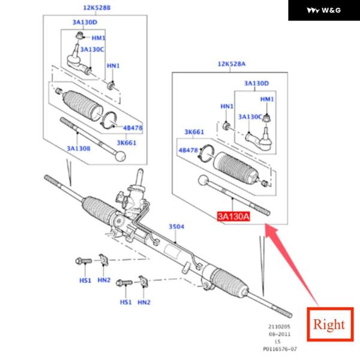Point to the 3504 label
click(176, 226)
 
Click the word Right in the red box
click(329, 325)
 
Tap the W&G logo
click(324, 10)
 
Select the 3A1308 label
click(79, 148)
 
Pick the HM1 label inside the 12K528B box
click(98, 38)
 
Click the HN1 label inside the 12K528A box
click(227, 106)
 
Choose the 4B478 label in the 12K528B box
click(133, 127)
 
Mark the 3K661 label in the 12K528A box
click(194, 132)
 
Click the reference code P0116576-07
click(281, 348)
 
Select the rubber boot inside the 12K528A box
click(236, 167)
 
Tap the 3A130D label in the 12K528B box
click(85, 23)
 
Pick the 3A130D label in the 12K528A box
click(256, 83)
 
